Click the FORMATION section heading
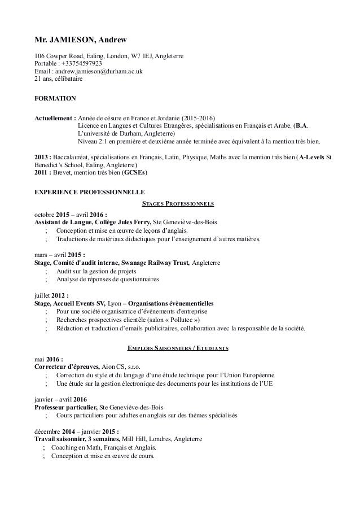tap(55, 98)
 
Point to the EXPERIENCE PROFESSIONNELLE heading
tap(89, 191)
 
